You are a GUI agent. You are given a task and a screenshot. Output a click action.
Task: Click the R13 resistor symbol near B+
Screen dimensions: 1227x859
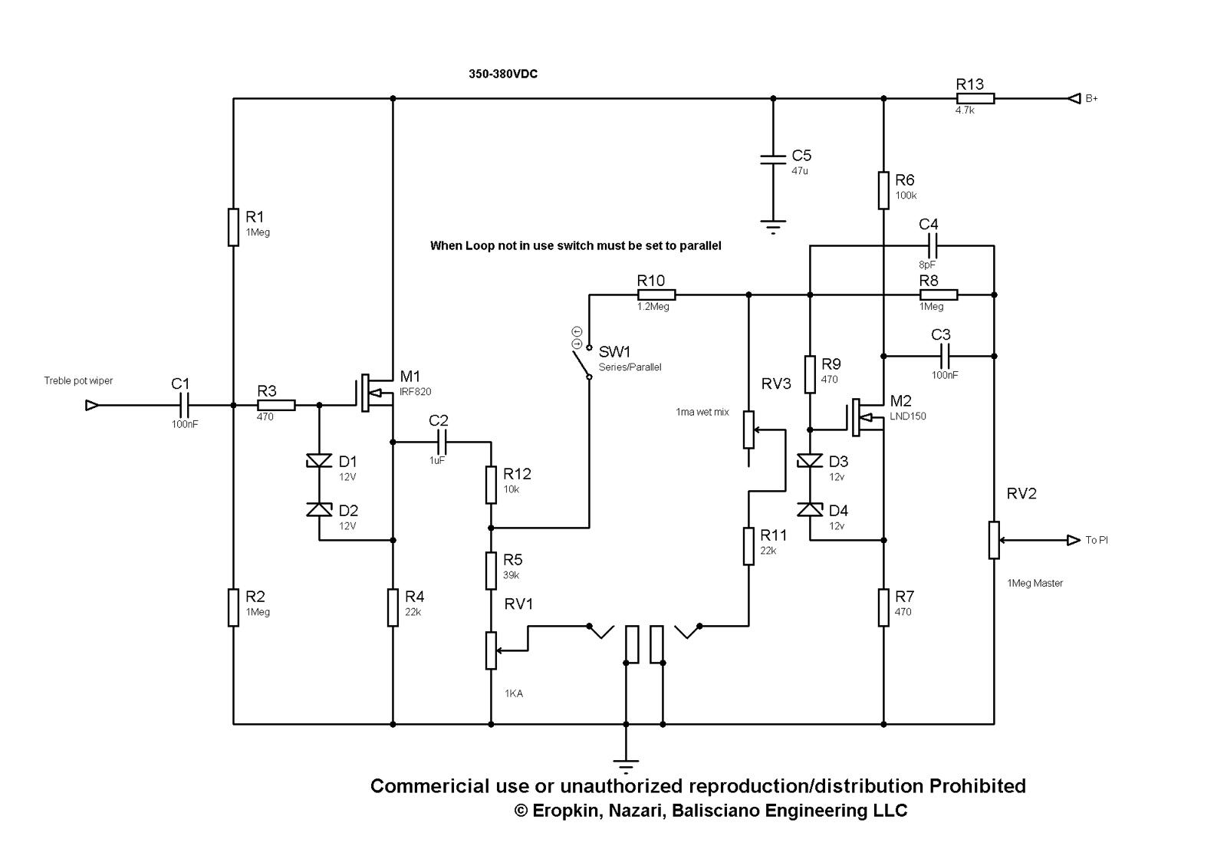(975, 99)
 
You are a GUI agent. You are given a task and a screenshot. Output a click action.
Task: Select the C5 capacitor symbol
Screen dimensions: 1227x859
(773, 160)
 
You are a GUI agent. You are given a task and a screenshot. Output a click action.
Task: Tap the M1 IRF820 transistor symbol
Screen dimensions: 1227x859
(375, 393)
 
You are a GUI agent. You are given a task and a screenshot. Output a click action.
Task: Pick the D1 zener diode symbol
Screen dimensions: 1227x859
(319, 461)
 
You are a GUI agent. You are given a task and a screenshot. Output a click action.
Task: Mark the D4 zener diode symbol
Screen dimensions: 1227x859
(810, 510)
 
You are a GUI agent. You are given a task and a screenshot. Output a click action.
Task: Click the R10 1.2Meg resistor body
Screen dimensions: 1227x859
(656, 295)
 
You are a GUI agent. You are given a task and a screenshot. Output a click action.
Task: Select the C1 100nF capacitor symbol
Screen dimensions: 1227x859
(185, 406)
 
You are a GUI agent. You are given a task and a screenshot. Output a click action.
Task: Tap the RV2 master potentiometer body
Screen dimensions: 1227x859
(994, 540)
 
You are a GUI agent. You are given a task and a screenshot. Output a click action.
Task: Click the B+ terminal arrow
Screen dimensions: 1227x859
(1073, 99)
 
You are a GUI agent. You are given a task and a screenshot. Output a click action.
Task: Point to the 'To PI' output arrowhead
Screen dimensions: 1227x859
(1073, 540)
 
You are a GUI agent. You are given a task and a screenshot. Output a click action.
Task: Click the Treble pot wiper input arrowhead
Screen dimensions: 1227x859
(93, 406)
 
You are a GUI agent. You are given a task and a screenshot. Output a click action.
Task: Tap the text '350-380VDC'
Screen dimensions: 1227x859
(503, 74)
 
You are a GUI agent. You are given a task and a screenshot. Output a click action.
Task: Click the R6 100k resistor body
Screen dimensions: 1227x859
(883, 190)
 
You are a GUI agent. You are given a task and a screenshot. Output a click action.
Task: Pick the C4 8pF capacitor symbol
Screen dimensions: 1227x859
(933, 246)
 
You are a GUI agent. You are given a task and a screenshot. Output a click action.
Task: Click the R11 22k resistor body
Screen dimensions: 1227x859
(748, 546)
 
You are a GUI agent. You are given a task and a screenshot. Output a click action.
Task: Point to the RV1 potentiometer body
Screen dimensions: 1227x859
(491, 650)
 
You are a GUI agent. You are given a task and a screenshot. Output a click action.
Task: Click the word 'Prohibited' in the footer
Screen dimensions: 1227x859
(977, 786)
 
